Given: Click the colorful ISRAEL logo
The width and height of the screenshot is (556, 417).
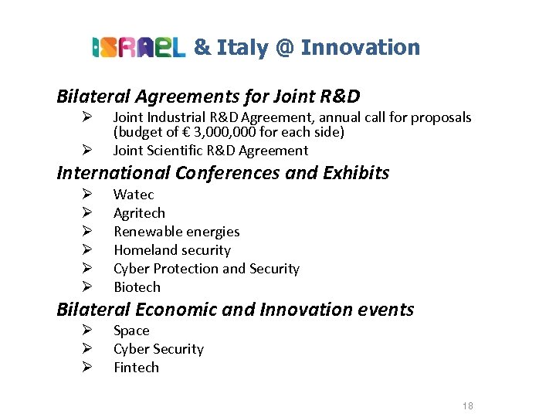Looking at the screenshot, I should click(x=139, y=48).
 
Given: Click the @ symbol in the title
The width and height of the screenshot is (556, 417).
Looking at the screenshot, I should click(x=283, y=48).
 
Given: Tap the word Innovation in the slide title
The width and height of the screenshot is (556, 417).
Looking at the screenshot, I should click(x=361, y=48).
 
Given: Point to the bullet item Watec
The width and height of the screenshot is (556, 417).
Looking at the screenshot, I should click(x=134, y=195).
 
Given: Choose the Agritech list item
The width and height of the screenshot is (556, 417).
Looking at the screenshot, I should click(x=139, y=213).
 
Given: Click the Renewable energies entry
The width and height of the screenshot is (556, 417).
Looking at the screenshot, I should click(x=176, y=232).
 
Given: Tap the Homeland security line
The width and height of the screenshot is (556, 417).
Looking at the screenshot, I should click(x=172, y=250).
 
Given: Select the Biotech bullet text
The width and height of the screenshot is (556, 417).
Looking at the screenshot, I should click(x=137, y=287).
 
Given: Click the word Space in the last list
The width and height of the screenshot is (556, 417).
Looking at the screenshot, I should click(x=131, y=331).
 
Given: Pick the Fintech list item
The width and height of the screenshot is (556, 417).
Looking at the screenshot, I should click(x=136, y=368).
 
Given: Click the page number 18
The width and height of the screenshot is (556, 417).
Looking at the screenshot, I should click(x=467, y=406).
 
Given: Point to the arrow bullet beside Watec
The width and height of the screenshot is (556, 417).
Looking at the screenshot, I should click(x=87, y=195).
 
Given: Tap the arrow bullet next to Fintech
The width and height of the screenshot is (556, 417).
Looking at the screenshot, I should click(x=87, y=368).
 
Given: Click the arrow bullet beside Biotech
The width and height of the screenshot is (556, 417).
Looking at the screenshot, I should click(x=87, y=287).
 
